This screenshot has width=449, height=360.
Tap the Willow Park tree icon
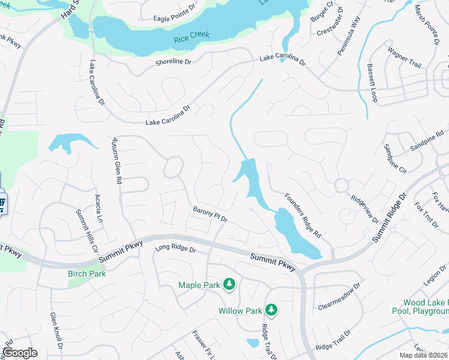pos(271,310)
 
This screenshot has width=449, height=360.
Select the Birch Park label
pos(86,274)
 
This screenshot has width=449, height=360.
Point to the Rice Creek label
pos(191,35)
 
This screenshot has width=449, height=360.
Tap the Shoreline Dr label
pos(173,62)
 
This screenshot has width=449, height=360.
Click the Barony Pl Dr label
pos(210,214)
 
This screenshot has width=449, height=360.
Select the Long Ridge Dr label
pos(175,248)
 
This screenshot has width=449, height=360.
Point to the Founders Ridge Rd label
pos(303,214)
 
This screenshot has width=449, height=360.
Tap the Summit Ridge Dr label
pos(389,218)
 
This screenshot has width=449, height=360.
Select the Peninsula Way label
pos(348,37)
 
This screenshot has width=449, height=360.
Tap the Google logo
pos(19,353)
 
